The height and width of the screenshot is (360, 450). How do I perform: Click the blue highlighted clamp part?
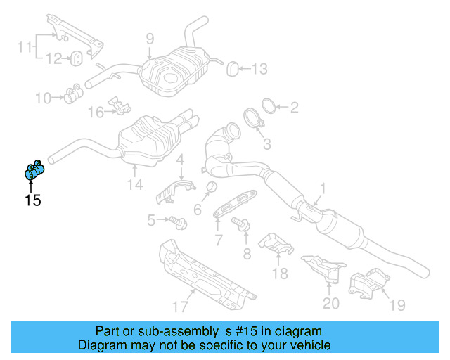click(x=34, y=169)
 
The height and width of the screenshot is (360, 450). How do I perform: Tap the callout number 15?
click(x=32, y=200)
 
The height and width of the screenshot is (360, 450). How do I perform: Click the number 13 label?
click(x=259, y=69)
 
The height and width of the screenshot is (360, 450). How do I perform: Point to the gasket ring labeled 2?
click(x=268, y=106)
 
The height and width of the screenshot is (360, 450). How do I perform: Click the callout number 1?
click(x=323, y=188)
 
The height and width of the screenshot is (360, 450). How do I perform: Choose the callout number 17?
click(x=181, y=306)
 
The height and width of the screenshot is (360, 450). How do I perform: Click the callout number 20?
click(x=330, y=303)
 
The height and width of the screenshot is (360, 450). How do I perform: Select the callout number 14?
click(x=134, y=184)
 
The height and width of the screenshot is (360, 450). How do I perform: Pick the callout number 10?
click(x=44, y=98)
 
